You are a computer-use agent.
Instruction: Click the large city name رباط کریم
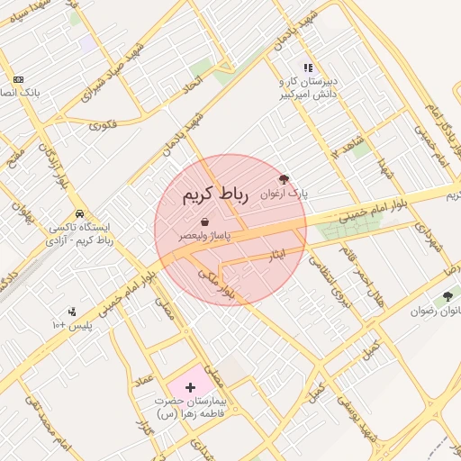(x=214, y=195)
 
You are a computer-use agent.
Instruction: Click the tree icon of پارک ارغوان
(x=285, y=179)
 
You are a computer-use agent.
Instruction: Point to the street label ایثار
(x=278, y=255)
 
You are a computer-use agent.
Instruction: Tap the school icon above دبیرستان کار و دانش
(x=308, y=68)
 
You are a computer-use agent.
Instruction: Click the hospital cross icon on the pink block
(x=189, y=385)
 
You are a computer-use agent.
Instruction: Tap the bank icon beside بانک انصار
(x=17, y=79)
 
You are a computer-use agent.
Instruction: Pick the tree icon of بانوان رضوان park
(x=447, y=296)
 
